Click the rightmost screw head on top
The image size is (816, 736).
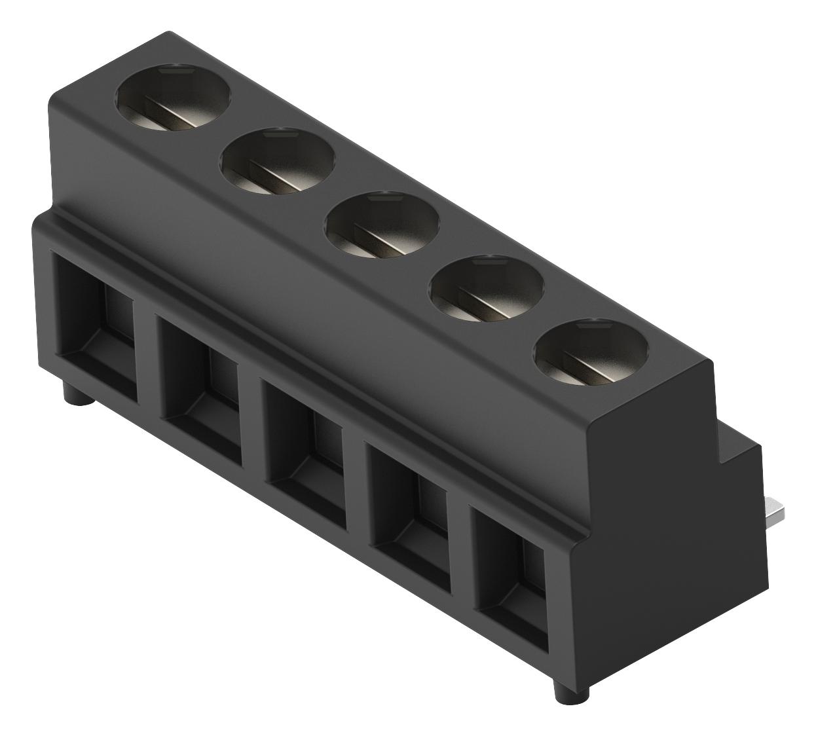coord(590,354)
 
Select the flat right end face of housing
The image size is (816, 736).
coord(655,524)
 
